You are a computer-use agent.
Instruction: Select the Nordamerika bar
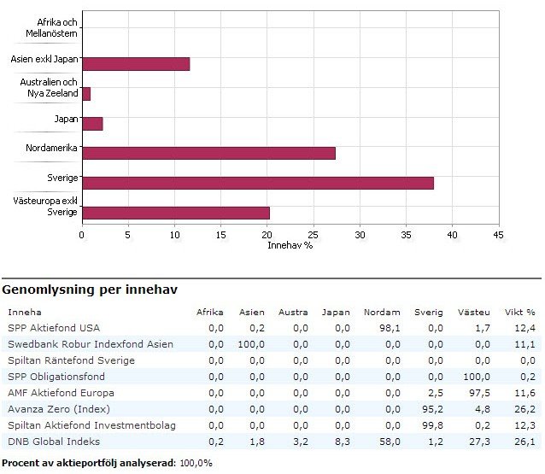click(208, 153)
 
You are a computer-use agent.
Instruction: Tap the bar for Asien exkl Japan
click(136, 64)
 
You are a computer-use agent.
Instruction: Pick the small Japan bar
click(92, 124)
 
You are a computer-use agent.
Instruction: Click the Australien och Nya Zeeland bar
click(86, 94)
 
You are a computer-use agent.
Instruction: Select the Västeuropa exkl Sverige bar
click(176, 213)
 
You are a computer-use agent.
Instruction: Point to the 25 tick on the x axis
click(314, 234)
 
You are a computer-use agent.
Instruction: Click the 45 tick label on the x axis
click(498, 234)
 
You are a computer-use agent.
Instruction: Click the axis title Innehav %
click(289, 245)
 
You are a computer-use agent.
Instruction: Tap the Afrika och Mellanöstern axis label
click(53, 28)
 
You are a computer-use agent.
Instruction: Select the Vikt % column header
click(519, 313)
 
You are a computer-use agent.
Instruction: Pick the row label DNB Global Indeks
click(54, 442)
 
